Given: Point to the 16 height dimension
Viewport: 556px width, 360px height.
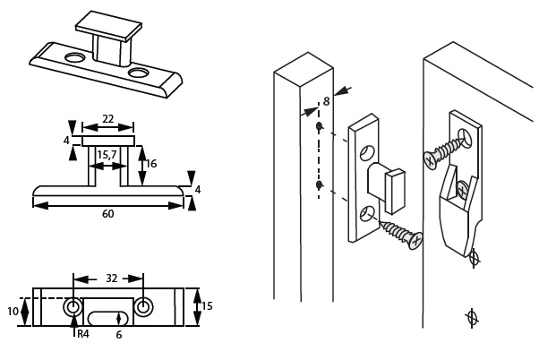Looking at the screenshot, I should click(x=151, y=164).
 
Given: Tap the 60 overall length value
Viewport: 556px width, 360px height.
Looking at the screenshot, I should click(x=107, y=213).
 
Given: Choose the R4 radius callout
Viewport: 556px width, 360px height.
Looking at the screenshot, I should click(x=82, y=334).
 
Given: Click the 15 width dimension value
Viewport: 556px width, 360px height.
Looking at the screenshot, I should click(x=206, y=306).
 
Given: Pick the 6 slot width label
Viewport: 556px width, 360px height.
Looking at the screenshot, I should click(x=118, y=335).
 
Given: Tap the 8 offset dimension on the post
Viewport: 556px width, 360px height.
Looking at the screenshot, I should click(x=326, y=102).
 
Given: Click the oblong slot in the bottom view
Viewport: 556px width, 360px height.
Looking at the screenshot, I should click(x=107, y=317).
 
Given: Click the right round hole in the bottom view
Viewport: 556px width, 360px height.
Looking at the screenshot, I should click(x=143, y=306).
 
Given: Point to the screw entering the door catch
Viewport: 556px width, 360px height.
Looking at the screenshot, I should click(x=443, y=150).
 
